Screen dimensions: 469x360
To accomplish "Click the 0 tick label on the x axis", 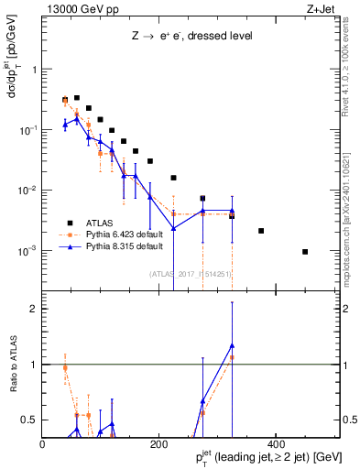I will (x=43, y=444).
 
